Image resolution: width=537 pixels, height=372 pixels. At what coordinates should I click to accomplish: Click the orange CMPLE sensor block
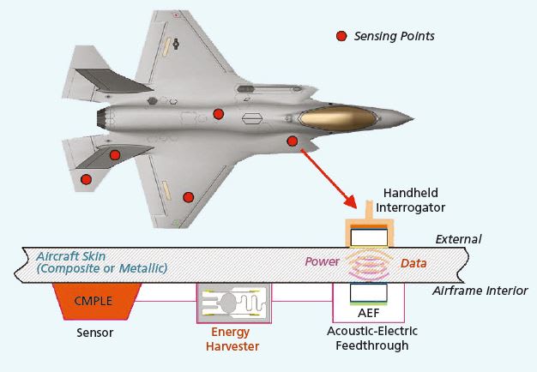[97, 299]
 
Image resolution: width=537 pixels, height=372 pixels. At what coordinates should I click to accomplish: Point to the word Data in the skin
[413, 263]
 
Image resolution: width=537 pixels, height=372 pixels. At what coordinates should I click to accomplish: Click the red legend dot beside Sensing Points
[341, 36]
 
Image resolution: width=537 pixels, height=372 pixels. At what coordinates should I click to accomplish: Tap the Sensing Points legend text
[395, 36]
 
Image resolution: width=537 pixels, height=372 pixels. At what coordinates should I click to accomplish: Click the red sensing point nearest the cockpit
[293, 141]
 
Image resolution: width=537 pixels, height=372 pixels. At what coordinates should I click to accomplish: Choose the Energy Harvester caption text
[234, 339]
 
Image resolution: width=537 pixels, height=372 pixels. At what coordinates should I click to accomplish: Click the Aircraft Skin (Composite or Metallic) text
[101, 262]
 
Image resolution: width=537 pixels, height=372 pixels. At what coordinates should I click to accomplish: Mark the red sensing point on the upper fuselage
[219, 114]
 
